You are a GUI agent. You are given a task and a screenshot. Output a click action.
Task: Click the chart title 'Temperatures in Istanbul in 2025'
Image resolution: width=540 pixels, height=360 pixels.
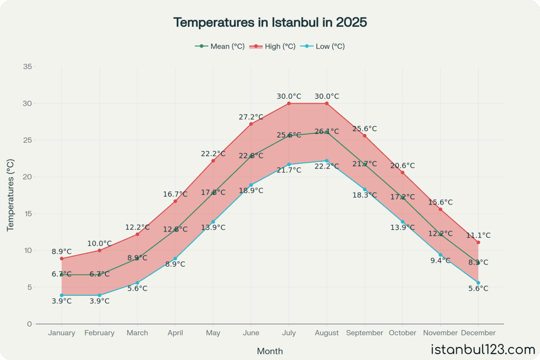coord(270,23)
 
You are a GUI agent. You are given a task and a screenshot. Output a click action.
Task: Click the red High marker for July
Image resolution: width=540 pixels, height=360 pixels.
coord(289,103)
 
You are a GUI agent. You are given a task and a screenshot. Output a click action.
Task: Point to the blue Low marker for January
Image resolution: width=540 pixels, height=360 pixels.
coord(62,295)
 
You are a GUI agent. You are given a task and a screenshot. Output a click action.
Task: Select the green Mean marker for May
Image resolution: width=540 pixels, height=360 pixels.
coord(213,193)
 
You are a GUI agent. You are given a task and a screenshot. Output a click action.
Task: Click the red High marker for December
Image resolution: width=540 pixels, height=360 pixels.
coord(478,242)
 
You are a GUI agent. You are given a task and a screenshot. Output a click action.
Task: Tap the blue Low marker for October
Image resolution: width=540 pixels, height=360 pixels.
coord(402,222)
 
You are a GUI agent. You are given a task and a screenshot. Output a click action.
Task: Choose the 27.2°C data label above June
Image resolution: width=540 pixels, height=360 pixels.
coord(251,117)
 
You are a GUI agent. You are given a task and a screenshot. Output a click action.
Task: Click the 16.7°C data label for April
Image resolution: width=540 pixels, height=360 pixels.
coord(175,194)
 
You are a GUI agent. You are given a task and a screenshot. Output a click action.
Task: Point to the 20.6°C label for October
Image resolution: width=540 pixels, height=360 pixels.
coord(402,166)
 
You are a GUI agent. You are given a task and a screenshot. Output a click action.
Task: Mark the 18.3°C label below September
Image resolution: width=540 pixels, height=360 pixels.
coord(364,195)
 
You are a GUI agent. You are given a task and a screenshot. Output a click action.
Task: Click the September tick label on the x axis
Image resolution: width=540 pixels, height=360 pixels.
coord(364,333)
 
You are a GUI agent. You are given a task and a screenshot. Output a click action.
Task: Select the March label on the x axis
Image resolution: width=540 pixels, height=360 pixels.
coord(137,333)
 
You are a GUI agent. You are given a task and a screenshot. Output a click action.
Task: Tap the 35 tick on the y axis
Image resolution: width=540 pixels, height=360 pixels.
coord(28,66)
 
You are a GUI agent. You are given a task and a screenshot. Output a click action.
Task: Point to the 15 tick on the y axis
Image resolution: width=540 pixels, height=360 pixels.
coord(28,214)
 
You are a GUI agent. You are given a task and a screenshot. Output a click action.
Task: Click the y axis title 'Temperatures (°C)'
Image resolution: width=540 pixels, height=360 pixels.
coord(10,195)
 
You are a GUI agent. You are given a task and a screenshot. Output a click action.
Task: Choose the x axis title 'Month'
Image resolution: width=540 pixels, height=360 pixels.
coord(270,351)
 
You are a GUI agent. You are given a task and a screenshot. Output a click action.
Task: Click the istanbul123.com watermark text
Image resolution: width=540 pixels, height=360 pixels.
coord(483,349)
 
